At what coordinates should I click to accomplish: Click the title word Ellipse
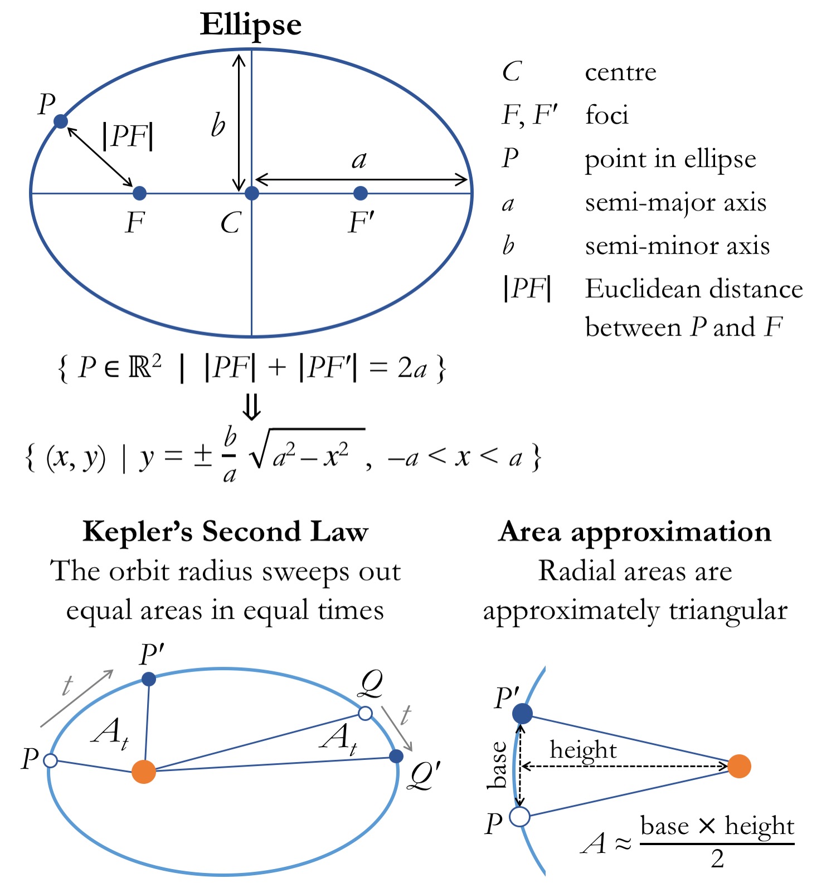click(x=251, y=25)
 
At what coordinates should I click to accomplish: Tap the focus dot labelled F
click(x=139, y=193)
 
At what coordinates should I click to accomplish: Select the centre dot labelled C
click(x=252, y=193)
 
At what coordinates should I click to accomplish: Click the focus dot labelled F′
click(x=361, y=193)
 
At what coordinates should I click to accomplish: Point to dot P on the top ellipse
click(x=60, y=121)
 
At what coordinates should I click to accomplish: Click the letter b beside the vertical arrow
click(x=218, y=125)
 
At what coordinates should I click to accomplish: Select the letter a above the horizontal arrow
click(x=359, y=160)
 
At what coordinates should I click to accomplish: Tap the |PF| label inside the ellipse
click(x=128, y=136)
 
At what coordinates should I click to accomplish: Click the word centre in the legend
click(x=620, y=72)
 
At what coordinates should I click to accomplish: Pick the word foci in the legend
click(x=606, y=115)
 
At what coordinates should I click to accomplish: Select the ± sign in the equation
click(x=203, y=457)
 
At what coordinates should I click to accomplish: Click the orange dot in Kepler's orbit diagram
click(x=144, y=772)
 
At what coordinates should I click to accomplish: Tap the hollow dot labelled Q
click(x=365, y=713)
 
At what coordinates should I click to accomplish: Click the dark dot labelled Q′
click(x=396, y=756)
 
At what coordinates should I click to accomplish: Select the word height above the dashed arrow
click(x=583, y=750)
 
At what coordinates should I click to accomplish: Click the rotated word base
click(x=498, y=765)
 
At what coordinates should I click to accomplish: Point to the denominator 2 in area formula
click(x=717, y=859)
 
